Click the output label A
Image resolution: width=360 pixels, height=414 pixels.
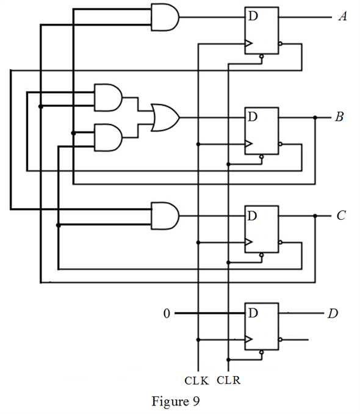pos(342,16)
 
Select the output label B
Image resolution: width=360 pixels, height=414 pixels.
pos(340,117)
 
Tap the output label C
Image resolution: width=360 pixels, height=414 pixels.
pos(341,216)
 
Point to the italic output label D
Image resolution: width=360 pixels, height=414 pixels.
pos(333,313)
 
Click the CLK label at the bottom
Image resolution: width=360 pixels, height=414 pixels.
pos(196,380)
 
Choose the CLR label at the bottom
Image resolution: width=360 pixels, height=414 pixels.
pos(229,380)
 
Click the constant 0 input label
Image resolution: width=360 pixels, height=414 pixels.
pos(167,313)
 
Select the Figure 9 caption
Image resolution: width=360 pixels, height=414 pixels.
pos(176,401)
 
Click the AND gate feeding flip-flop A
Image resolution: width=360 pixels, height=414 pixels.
pos(165,17)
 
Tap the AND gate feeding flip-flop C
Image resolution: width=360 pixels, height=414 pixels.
pos(165,216)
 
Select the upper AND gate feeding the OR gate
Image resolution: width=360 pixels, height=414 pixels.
pos(108,98)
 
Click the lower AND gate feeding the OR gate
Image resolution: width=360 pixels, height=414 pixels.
pos(108,137)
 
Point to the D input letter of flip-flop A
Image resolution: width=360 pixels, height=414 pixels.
pos(253,16)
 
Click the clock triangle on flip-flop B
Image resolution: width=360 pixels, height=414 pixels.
pos(248,144)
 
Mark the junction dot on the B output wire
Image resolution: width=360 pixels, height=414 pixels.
pos(315,117)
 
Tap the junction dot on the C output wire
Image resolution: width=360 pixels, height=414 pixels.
pos(315,216)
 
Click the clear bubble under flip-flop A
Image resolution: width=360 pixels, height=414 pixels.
pos(261,56)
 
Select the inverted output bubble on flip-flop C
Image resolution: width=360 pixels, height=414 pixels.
pos(280,242)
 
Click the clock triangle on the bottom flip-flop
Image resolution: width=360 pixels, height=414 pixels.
pos(248,340)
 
